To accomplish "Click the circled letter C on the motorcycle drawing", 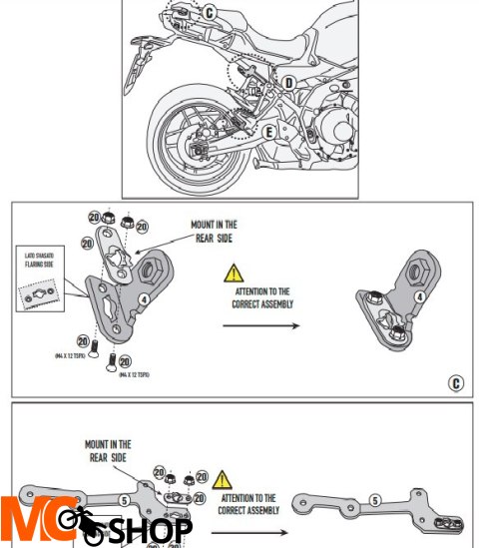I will point(209,13).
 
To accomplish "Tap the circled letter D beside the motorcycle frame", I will point(287,83).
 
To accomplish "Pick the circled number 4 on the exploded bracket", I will point(144,296).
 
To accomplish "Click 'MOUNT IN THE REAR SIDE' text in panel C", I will point(215,231).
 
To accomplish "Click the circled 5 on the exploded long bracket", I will point(124,500).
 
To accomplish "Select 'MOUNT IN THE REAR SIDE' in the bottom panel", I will point(107,450).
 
